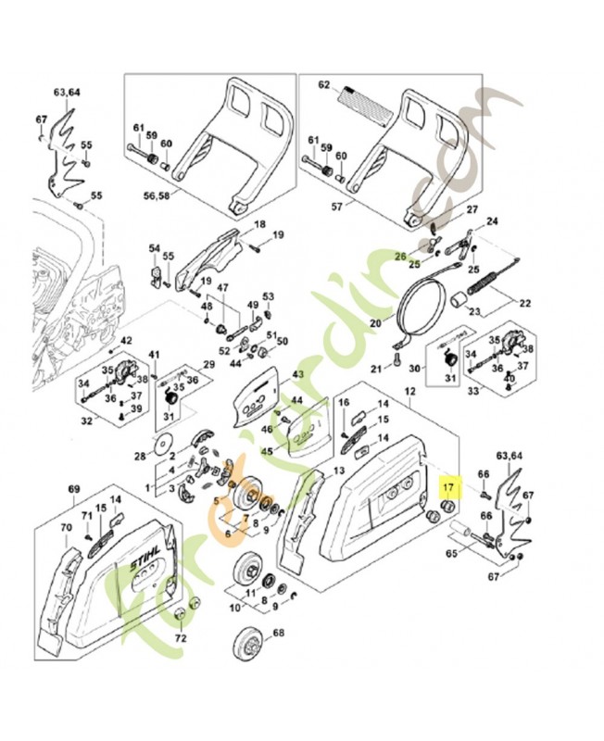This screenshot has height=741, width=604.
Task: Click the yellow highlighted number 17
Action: [x=448, y=485]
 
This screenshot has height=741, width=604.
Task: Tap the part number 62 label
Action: [x=324, y=84]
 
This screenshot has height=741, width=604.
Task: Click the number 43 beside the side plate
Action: [x=298, y=374]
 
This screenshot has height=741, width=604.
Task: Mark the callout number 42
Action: [x=127, y=341]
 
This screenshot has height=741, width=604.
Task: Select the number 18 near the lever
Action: [x=259, y=224]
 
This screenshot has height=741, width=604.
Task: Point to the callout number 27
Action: [x=472, y=209]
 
